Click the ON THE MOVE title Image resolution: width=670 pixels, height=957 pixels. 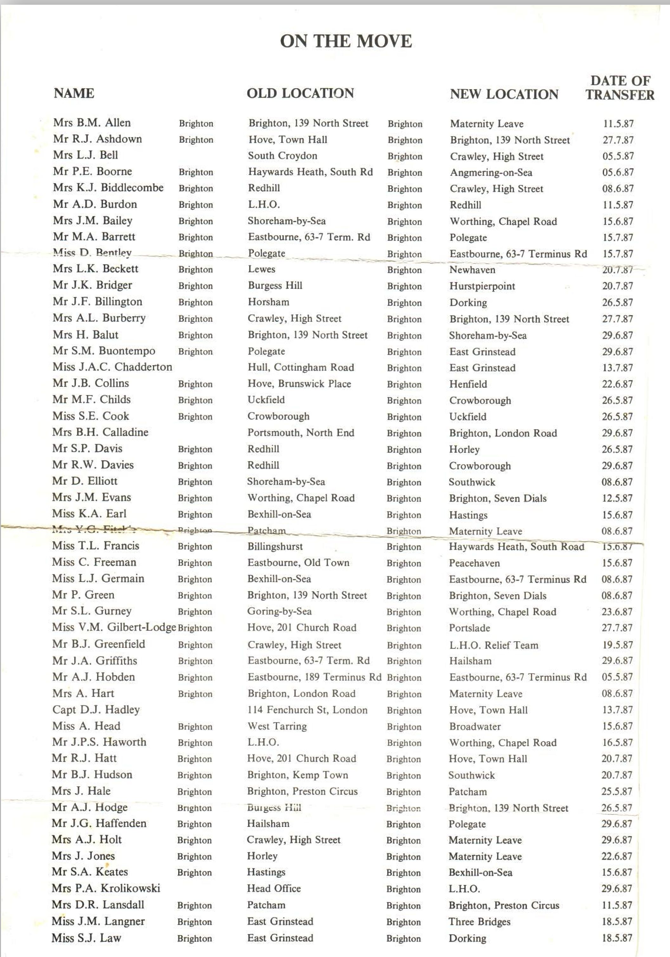pos(346,41)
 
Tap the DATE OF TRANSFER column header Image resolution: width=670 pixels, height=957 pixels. pos(620,88)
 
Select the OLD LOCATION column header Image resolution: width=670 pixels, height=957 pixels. pos(300,93)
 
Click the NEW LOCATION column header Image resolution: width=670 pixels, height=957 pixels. pos(504,94)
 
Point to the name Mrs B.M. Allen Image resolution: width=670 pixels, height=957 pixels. pos(92,122)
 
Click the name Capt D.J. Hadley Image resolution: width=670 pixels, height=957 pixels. pos(96,709)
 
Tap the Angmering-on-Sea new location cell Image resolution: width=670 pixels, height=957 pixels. pos(491,172)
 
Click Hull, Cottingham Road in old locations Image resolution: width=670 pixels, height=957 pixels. pos(301,367)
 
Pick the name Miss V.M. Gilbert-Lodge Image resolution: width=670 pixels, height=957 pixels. pos(114,627)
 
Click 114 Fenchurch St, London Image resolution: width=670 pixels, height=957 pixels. pos(307,710)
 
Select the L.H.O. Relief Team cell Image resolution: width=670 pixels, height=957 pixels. pos(493,645)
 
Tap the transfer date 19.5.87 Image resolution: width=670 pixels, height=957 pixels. pos(617,645)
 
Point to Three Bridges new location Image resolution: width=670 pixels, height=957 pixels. pos(479,921)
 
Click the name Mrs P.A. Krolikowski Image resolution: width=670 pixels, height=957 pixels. pos(106,888)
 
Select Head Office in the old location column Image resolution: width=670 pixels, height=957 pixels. pos(274,888)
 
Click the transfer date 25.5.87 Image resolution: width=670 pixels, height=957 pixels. pos(617,791)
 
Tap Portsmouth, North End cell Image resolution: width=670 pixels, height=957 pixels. pos(301,433)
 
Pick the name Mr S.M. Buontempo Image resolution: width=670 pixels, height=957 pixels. pos(104,351)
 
